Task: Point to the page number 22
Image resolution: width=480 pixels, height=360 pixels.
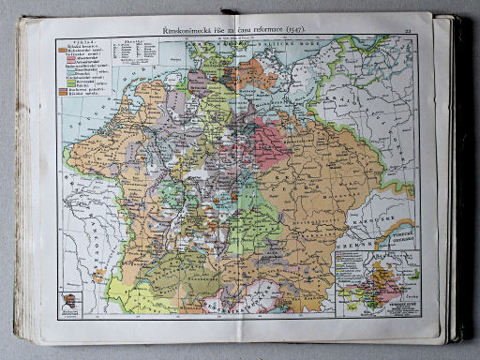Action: coord(409,29)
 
